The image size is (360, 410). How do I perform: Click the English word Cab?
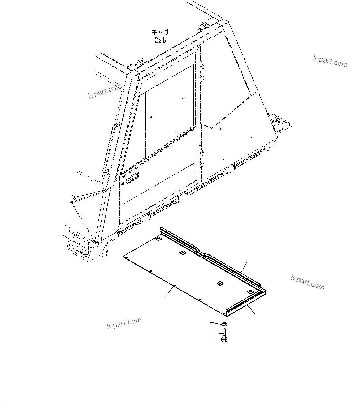[160, 40]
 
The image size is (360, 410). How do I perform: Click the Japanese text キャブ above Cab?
[160, 32]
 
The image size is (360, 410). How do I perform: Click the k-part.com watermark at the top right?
[330, 61]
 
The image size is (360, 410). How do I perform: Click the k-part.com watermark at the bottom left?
[124, 323]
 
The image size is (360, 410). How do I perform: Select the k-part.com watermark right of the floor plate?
[307, 282]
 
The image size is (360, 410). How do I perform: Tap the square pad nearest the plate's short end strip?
[250, 291]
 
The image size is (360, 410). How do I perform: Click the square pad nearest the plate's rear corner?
[158, 239]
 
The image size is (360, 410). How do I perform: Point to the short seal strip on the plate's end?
[245, 303]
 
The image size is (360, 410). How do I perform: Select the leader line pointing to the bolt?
[215, 334]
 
